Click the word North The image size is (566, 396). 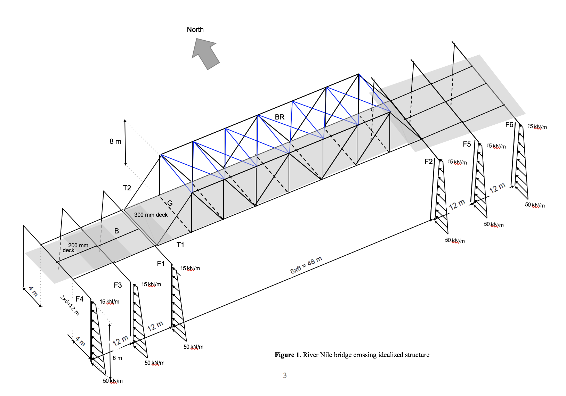195,30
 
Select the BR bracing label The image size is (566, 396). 280,117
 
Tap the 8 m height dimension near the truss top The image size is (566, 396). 115,141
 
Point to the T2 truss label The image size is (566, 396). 127,188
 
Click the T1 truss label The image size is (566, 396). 180,245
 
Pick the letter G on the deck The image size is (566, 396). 170,203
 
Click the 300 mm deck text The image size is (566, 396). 151,215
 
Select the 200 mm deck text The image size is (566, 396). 77,247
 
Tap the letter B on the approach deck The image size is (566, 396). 116,231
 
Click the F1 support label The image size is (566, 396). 161,264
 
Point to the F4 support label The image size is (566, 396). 80,299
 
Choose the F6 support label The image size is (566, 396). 509,125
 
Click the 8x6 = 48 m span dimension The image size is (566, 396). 306,265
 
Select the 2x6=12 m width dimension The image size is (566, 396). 70,305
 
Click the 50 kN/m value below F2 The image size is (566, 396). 455,240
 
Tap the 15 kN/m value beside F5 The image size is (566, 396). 496,146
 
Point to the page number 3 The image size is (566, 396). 285,375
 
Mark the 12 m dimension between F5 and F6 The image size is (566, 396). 497,188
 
